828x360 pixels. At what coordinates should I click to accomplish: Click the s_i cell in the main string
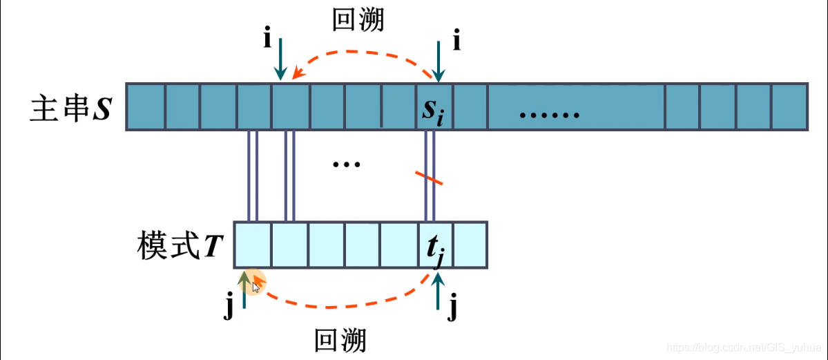(434, 107)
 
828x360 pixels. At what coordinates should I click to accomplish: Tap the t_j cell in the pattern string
(436, 245)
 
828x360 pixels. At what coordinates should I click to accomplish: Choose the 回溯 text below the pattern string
(340, 341)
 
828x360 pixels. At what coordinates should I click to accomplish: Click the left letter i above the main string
(267, 39)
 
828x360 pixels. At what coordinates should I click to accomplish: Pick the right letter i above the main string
(456, 41)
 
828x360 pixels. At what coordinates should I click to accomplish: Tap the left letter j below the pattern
(229, 306)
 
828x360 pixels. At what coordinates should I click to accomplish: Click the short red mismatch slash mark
(429, 178)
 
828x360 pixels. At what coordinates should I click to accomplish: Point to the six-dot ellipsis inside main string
(549, 114)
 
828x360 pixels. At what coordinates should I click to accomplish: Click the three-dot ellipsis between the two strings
(346, 164)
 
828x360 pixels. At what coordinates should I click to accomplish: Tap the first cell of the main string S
(146, 107)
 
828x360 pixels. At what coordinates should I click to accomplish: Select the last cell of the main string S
(789, 107)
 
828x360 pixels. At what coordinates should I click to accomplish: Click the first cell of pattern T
(252, 245)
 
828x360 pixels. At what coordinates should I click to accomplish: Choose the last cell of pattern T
(470, 245)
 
